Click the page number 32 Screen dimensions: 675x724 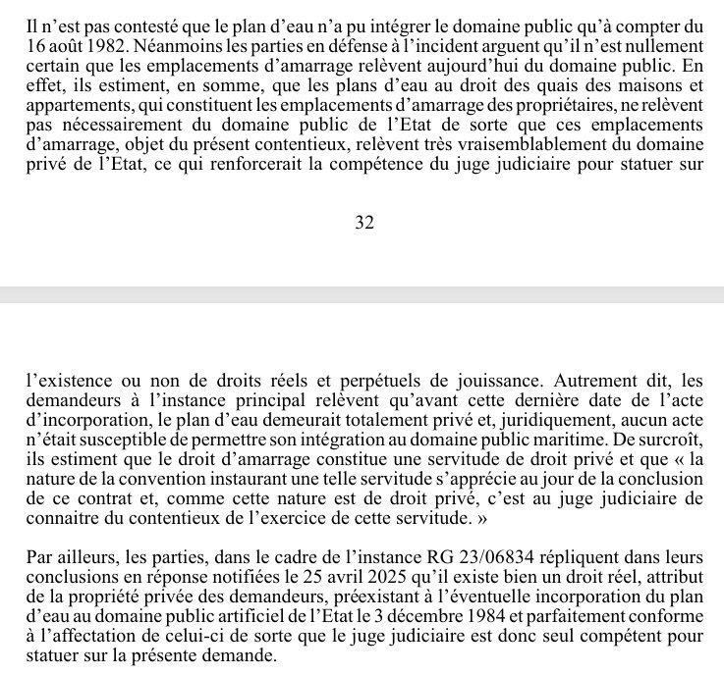point(364,223)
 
